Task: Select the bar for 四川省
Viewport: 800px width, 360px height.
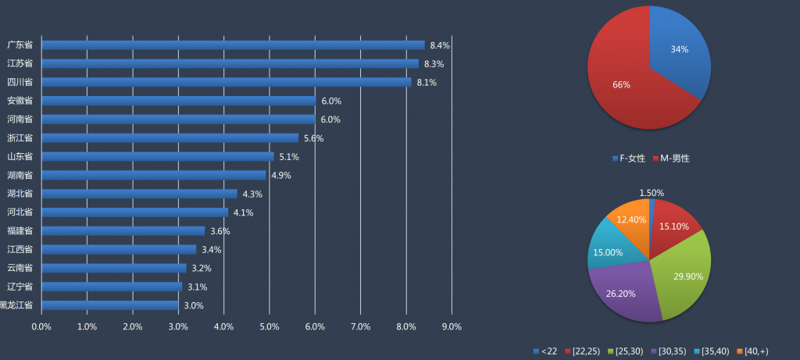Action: click(x=226, y=82)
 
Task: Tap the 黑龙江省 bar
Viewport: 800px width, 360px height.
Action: click(x=109, y=305)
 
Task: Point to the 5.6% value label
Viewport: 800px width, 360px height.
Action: click(x=313, y=138)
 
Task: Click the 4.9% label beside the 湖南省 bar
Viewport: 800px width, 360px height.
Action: click(x=281, y=176)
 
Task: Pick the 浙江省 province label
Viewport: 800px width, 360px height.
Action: click(x=20, y=138)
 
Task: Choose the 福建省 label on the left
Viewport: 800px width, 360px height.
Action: click(x=20, y=231)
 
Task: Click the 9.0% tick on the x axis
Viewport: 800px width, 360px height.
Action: click(x=452, y=326)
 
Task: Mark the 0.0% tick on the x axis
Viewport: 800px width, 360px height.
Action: click(x=41, y=326)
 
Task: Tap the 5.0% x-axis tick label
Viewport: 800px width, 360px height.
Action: click(x=270, y=326)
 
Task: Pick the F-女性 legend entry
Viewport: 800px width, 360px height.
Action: click(x=629, y=159)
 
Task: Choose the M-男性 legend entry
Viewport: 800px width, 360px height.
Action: click(x=671, y=159)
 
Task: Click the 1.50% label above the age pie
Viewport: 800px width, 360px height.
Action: click(x=652, y=193)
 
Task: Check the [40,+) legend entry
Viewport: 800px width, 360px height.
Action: click(x=754, y=351)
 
